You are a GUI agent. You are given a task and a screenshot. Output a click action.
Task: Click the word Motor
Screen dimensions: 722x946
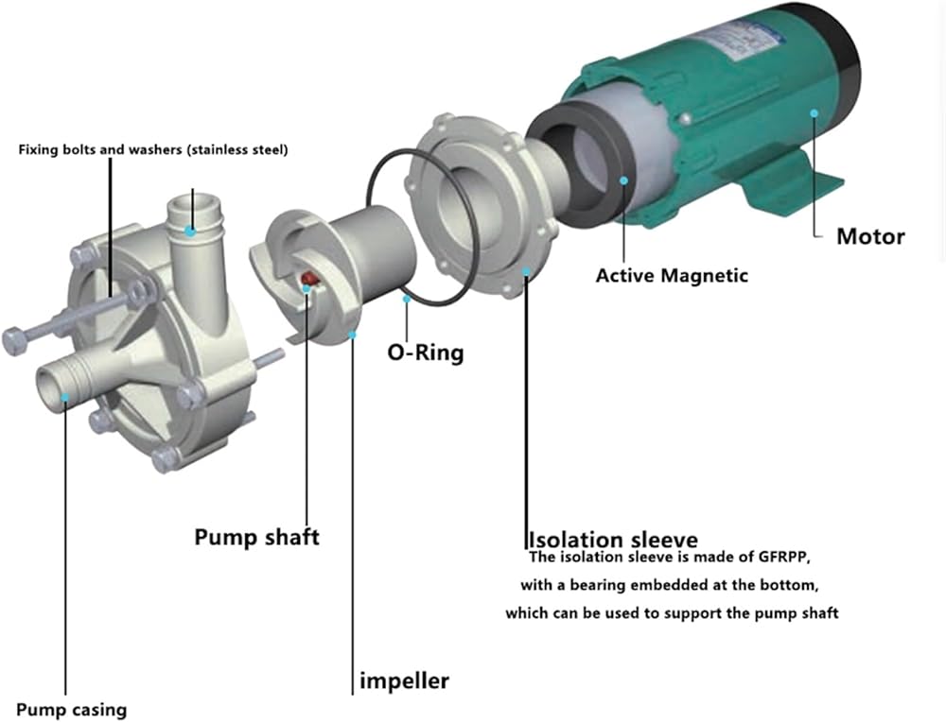point(869,235)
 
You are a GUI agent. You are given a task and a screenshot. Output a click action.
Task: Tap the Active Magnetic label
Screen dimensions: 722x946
point(671,276)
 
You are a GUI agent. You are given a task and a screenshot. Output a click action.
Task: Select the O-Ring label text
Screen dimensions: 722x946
point(426,353)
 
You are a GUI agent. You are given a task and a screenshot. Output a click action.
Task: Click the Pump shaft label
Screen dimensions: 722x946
point(256,537)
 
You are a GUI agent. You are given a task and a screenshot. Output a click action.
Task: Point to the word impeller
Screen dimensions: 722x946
point(404,680)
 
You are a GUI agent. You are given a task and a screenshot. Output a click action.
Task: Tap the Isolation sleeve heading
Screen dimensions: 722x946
point(612,541)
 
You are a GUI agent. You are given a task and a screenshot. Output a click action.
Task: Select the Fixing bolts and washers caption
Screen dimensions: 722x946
point(153,149)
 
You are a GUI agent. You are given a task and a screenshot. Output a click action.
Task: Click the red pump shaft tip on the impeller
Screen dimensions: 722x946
point(307,279)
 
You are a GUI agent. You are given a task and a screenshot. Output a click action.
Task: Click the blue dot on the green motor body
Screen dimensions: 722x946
point(813,113)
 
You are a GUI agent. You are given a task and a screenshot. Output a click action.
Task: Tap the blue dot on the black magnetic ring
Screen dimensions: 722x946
point(623,178)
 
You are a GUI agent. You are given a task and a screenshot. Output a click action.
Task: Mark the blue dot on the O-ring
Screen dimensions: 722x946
point(406,299)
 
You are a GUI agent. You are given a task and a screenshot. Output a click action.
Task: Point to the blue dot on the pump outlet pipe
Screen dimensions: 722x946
point(191,230)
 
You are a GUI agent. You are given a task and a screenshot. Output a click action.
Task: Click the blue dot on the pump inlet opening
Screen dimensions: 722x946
point(64,397)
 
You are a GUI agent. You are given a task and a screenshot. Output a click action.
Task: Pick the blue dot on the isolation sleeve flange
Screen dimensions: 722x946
point(525,274)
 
